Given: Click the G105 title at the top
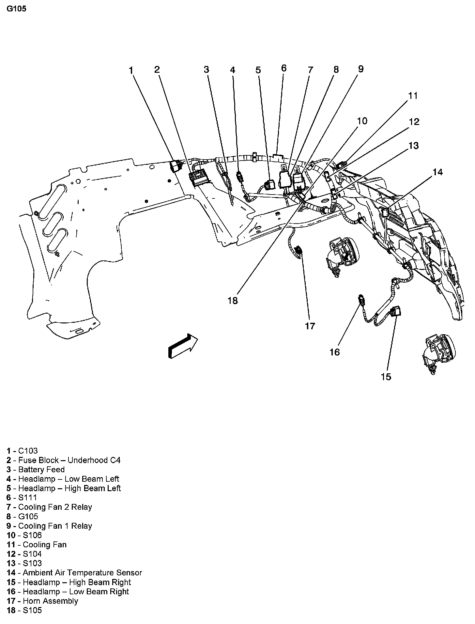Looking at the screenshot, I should [16, 9].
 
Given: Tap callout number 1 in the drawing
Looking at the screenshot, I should [131, 70].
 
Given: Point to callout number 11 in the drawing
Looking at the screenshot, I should [413, 96].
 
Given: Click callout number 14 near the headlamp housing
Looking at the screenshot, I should [437, 172].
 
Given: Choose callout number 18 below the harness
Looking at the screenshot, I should [233, 301].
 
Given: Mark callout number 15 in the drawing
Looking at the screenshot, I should [386, 377].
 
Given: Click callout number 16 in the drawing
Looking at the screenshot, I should [335, 352].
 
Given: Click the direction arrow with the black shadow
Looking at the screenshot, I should [183, 346].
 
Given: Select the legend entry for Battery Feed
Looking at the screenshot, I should [36, 469].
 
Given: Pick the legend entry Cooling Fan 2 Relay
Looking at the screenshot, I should [49, 507].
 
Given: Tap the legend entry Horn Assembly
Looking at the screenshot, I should [42, 601].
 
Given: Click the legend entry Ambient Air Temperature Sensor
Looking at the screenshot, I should [74, 572].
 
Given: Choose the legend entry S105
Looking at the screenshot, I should [24, 610].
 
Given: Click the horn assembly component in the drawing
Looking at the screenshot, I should [298, 252].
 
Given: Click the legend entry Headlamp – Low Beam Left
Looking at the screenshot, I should [63, 479].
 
